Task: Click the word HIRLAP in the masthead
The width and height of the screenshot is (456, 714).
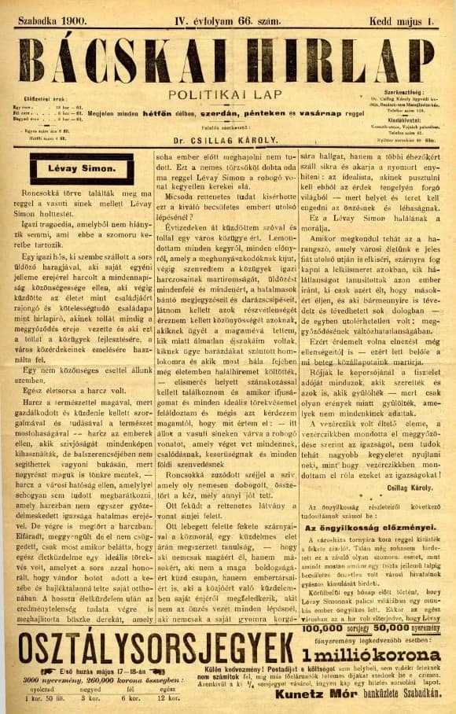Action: pyautogui.click(x=345, y=60)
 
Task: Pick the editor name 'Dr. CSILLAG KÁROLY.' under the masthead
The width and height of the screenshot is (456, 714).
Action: pyautogui.click(x=227, y=145)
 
